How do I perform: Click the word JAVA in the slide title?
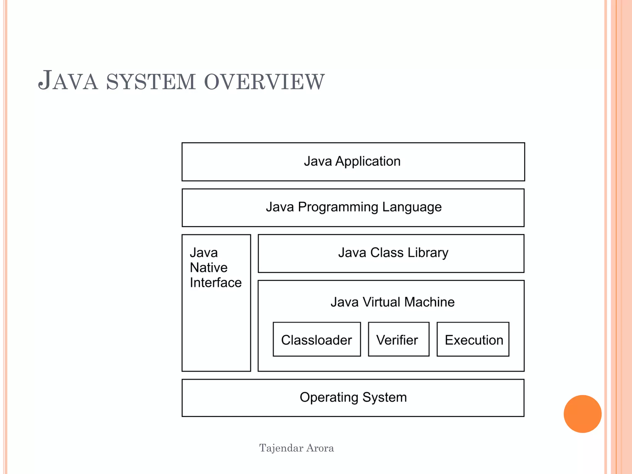click(68, 81)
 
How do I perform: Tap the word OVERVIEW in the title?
click(264, 82)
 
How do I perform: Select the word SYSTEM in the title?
click(151, 82)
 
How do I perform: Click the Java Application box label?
click(352, 161)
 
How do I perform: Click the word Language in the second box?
click(412, 207)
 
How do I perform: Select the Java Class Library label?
click(393, 253)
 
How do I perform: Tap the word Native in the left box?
click(209, 268)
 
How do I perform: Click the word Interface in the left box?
click(215, 283)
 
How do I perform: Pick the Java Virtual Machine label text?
click(392, 302)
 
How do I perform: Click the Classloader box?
click(316, 340)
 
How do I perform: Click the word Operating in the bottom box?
click(329, 397)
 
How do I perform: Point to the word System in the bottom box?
click(385, 397)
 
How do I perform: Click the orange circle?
click(582, 414)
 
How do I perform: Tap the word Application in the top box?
click(368, 161)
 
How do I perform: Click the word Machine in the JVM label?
click(429, 302)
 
